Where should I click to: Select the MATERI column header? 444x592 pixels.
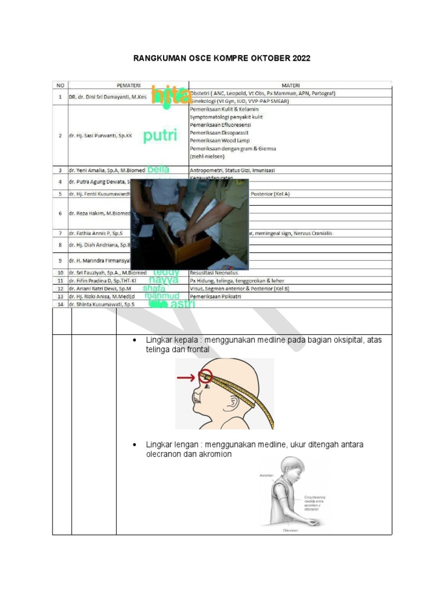(x=291, y=85)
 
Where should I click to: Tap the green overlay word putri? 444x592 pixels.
(x=160, y=136)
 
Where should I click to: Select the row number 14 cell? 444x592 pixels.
(x=60, y=304)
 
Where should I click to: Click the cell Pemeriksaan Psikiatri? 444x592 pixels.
(x=215, y=296)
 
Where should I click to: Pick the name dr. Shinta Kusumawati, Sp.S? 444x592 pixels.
(x=99, y=304)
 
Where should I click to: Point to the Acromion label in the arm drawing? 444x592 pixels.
(x=266, y=475)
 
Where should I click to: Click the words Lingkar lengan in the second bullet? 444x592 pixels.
(x=171, y=445)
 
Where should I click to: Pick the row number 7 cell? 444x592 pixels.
(x=60, y=234)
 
